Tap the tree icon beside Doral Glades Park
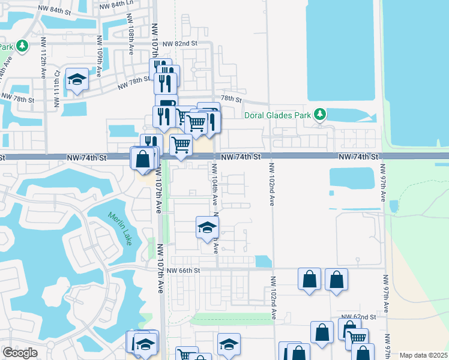point(320,114)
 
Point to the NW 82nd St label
point(179,44)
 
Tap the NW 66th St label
point(182,271)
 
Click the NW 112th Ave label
point(44,58)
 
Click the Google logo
point(20,353)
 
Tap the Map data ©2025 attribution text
point(423,355)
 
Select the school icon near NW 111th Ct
point(77,80)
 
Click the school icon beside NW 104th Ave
point(207,227)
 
